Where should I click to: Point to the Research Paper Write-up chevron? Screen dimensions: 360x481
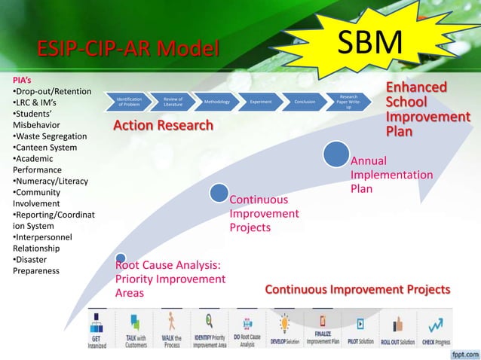(x=348, y=101)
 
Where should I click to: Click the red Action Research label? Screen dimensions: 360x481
(x=163, y=125)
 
